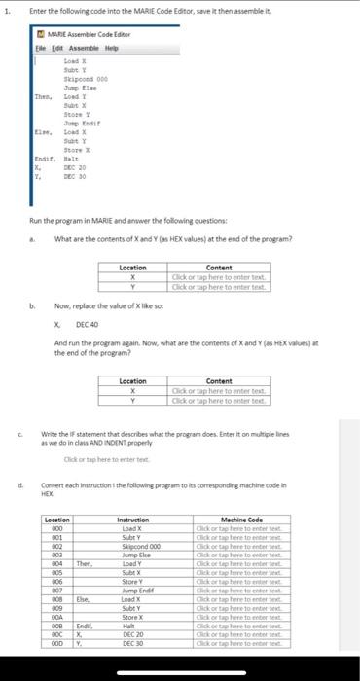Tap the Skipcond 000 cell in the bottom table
(x=145, y=546)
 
